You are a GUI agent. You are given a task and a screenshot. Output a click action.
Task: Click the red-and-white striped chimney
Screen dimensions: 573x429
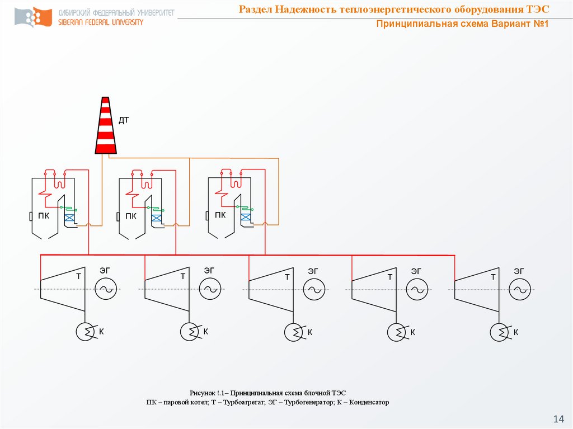pyautogui.click(x=106, y=125)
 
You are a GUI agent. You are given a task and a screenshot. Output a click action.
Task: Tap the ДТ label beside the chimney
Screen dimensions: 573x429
pyautogui.click(x=124, y=120)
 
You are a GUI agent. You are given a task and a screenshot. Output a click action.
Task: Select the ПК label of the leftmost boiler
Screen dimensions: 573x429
pyautogui.click(x=44, y=215)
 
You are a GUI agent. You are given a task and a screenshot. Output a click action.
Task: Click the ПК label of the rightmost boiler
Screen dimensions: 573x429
pyautogui.click(x=220, y=215)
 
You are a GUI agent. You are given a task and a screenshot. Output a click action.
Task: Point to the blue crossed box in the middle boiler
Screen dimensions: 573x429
pyautogui.click(x=157, y=218)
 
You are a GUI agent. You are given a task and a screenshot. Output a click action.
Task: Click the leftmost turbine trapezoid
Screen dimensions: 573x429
pyautogui.click(x=63, y=289)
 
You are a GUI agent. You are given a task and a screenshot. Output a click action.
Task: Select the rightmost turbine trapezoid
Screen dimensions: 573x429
pyautogui.click(x=477, y=290)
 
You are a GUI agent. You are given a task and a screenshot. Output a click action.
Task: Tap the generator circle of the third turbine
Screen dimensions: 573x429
pyautogui.click(x=314, y=289)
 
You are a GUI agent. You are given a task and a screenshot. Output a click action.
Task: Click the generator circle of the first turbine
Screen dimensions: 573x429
pyautogui.click(x=106, y=289)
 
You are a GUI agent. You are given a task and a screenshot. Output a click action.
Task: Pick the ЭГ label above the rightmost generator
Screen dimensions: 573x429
pyautogui.click(x=519, y=271)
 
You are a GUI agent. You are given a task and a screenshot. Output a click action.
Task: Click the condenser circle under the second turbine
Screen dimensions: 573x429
pyautogui.click(x=189, y=332)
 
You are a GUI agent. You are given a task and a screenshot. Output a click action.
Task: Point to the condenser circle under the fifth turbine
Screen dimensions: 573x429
pyautogui.click(x=499, y=333)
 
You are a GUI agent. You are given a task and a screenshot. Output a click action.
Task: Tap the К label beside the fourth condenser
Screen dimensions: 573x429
pyautogui.click(x=412, y=332)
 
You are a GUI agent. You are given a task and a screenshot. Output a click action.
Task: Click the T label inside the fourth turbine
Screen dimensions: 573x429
pyautogui.click(x=390, y=277)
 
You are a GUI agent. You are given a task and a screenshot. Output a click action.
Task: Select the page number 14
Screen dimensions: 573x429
pyautogui.click(x=559, y=419)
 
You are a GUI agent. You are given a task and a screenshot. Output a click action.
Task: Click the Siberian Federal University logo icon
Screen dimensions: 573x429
pyautogui.click(x=33, y=17)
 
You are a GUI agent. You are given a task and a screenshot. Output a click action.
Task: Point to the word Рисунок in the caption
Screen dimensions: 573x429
pyautogui.click(x=202, y=393)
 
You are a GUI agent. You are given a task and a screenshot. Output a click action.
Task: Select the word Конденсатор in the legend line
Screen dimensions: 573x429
pyautogui.click(x=369, y=402)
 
